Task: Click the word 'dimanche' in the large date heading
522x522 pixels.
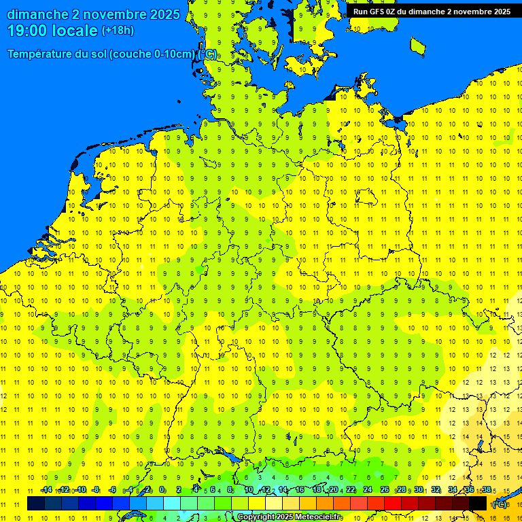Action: pyautogui.click(x=37, y=14)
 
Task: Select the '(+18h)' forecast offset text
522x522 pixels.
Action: pyautogui.click(x=118, y=31)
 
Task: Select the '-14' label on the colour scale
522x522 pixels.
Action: pyautogui.click(x=46, y=489)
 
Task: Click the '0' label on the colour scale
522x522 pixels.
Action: pyautogui.click(x=162, y=489)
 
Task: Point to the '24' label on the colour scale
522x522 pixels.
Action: pyautogui.click(x=368, y=489)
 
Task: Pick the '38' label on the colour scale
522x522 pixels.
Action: pyautogui.click(x=487, y=489)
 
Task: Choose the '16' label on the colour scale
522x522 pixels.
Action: pyautogui.click(x=300, y=489)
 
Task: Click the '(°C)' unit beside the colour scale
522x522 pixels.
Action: pyautogui.click(x=499, y=504)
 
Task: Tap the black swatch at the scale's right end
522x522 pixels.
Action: pyautogui.click(x=478, y=503)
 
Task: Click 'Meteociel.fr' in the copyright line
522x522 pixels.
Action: pyautogui.click(x=318, y=517)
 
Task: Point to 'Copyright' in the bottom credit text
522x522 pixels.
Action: pyautogui.click(x=256, y=517)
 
